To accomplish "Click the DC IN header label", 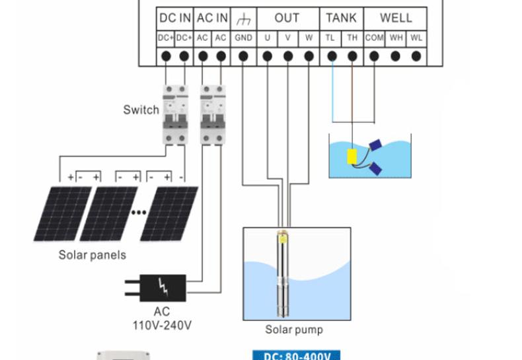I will click(x=175, y=18).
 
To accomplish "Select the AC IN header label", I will click(x=213, y=18).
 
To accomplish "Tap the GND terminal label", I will click(x=243, y=38).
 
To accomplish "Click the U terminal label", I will click(x=267, y=38).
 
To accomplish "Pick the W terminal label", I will click(x=309, y=38).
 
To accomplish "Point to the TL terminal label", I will click(x=330, y=38).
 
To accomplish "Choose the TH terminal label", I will click(x=352, y=38).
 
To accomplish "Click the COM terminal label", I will click(x=374, y=38).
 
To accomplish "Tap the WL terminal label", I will click(x=416, y=38).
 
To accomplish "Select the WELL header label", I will click(x=396, y=18).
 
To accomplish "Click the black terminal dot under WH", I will click(x=395, y=57).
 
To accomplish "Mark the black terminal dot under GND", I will click(x=243, y=57).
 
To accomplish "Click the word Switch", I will click(x=141, y=110).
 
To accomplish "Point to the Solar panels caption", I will click(x=92, y=255).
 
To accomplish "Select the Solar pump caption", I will click(x=294, y=329).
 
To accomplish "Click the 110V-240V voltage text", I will click(x=162, y=324).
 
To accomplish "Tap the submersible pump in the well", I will click(x=285, y=271).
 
